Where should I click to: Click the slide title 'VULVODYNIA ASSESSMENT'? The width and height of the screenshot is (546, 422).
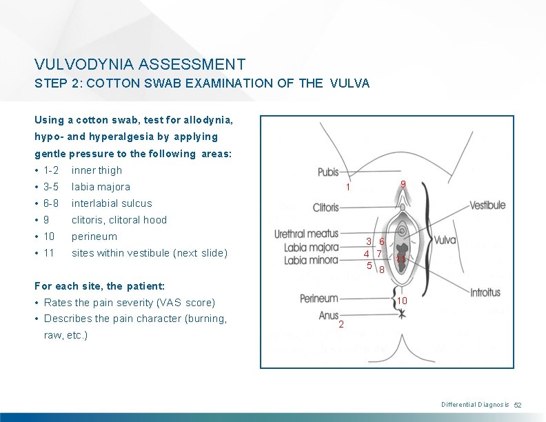tap(140, 65)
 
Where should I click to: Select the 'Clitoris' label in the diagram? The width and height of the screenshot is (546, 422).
tap(326, 207)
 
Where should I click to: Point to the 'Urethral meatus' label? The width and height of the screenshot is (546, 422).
tap(307, 234)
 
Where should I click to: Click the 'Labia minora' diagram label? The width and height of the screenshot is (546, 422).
tap(312, 260)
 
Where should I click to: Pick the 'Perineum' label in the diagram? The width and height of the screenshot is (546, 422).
tap(319, 298)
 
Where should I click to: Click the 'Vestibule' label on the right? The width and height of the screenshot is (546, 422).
tap(488, 205)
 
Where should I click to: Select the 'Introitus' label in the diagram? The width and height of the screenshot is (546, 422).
tap(485, 292)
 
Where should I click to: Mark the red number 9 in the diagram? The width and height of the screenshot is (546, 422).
tap(403, 183)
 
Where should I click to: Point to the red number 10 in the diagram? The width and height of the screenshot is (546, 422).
tap(403, 301)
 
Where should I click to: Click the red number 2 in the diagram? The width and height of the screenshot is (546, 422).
tap(342, 325)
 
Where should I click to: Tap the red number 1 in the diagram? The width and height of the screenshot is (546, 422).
tap(349, 187)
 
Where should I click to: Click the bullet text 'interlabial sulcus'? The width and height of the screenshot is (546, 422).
tap(112, 203)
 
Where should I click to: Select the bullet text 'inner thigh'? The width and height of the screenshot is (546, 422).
tap(97, 170)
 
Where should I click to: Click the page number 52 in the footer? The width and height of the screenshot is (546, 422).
tap(519, 405)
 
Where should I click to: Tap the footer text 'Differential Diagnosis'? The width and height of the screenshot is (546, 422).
tap(475, 405)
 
